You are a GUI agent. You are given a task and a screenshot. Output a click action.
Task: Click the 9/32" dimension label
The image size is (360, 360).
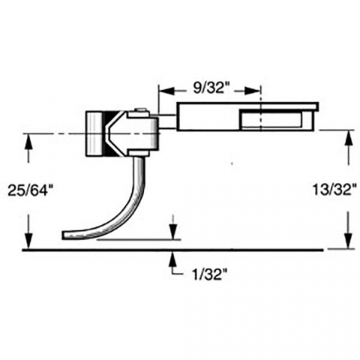click(208, 88)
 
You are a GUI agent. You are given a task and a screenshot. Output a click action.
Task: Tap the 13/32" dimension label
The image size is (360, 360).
click(334, 190)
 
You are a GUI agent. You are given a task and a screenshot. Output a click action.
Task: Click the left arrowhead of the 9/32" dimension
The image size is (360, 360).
click(166, 91)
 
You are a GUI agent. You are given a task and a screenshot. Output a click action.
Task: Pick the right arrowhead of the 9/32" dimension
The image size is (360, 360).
click(253, 91)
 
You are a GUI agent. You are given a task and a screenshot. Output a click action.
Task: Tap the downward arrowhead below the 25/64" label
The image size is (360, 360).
click(29, 241)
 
